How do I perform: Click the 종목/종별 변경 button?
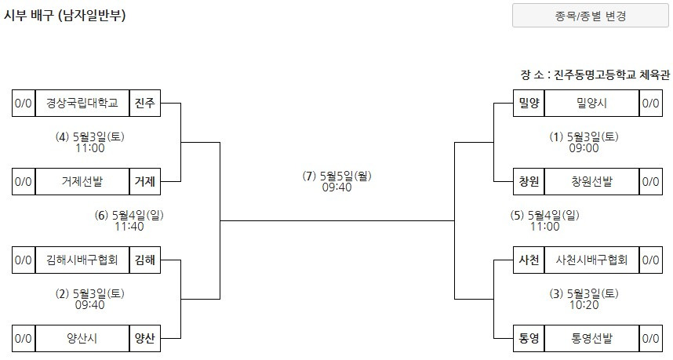click(x=591, y=16)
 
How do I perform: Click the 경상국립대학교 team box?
click(x=82, y=104)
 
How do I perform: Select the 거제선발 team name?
click(x=82, y=182)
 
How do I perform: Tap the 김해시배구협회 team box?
click(x=82, y=260)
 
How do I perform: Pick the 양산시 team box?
click(x=82, y=339)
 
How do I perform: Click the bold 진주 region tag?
click(x=145, y=104)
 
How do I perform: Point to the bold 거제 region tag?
click(x=145, y=182)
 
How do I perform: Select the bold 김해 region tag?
click(x=145, y=260)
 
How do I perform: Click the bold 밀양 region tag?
click(x=529, y=104)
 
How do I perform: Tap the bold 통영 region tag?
click(x=529, y=339)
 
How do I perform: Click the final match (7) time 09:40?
click(x=336, y=188)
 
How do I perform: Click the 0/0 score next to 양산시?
click(x=24, y=339)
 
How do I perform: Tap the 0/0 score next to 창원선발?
click(x=650, y=182)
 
